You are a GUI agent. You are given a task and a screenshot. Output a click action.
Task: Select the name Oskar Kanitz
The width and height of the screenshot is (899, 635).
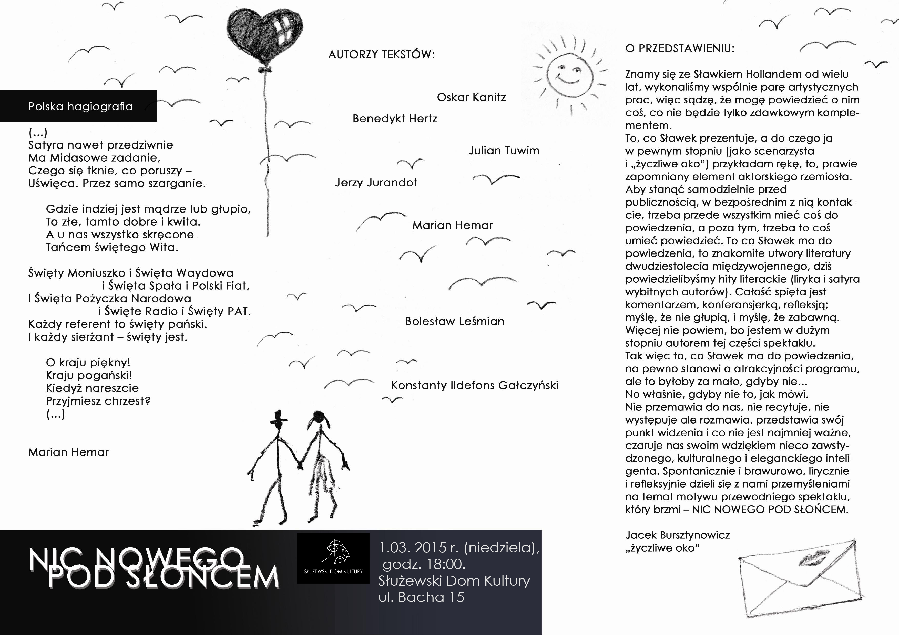point(472,97)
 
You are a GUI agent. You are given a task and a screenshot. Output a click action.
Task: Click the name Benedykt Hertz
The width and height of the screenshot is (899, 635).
point(395,119)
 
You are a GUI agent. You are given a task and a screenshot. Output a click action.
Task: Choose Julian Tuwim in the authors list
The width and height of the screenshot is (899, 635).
point(504,151)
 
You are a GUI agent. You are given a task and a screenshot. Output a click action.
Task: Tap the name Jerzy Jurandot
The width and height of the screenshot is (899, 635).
point(376,183)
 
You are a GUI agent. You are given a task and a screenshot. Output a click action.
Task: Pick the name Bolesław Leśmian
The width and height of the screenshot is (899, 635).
point(455,322)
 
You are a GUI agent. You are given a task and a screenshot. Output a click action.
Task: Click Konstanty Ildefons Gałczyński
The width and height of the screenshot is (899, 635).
point(475,385)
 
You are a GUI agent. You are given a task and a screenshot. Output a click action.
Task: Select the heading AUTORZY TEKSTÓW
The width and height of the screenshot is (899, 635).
point(381,55)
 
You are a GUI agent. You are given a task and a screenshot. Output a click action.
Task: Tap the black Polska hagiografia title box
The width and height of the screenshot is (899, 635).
point(78,106)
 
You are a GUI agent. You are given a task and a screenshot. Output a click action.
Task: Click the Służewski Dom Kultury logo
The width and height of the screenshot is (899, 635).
point(333,557)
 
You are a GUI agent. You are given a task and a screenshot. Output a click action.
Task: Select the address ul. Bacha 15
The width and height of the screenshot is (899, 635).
point(421,597)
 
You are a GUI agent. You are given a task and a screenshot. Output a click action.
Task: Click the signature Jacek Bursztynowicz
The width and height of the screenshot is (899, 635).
point(677,535)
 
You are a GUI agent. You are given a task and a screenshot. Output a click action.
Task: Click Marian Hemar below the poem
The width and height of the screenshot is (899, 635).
point(68,452)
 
